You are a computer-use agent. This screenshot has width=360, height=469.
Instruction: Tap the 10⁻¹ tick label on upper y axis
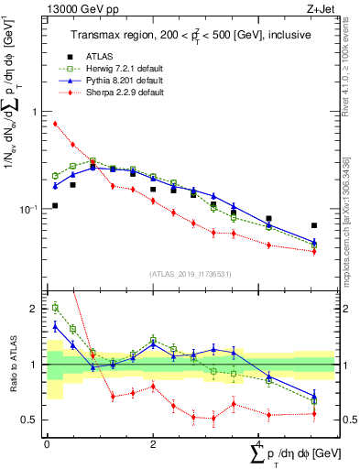pos(27,210)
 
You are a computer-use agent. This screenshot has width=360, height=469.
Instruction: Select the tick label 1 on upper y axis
pos(34,112)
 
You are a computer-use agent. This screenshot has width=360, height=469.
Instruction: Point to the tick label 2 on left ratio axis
pos(34,310)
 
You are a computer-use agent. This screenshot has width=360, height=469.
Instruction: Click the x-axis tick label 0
pos(47,444)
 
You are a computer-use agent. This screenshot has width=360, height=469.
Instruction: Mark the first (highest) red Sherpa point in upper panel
pos(55,124)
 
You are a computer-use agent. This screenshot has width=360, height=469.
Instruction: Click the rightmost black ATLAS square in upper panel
pos(314,225)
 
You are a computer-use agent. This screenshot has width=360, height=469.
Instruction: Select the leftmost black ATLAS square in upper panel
pos(55,205)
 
